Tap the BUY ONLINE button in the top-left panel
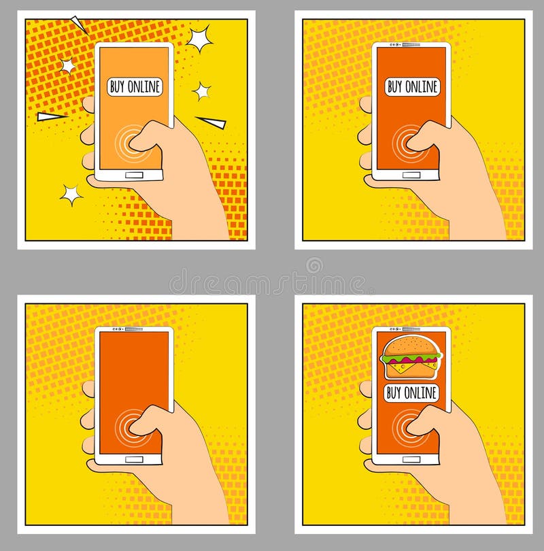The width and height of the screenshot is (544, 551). (x=135, y=86)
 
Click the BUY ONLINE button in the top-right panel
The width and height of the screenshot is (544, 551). (x=412, y=86)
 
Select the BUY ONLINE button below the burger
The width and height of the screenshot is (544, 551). (x=411, y=393)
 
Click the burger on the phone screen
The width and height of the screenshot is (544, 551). (x=411, y=356)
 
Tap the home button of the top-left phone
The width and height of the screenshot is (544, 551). (x=135, y=175)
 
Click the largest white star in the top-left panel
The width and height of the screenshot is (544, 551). (x=199, y=39)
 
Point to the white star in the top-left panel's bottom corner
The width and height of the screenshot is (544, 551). (x=71, y=195)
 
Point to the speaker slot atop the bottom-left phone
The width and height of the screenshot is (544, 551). (x=133, y=329)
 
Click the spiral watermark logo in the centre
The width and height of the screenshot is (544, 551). (x=314, y=265)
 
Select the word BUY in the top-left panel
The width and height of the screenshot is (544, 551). (x=118, y=86)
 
